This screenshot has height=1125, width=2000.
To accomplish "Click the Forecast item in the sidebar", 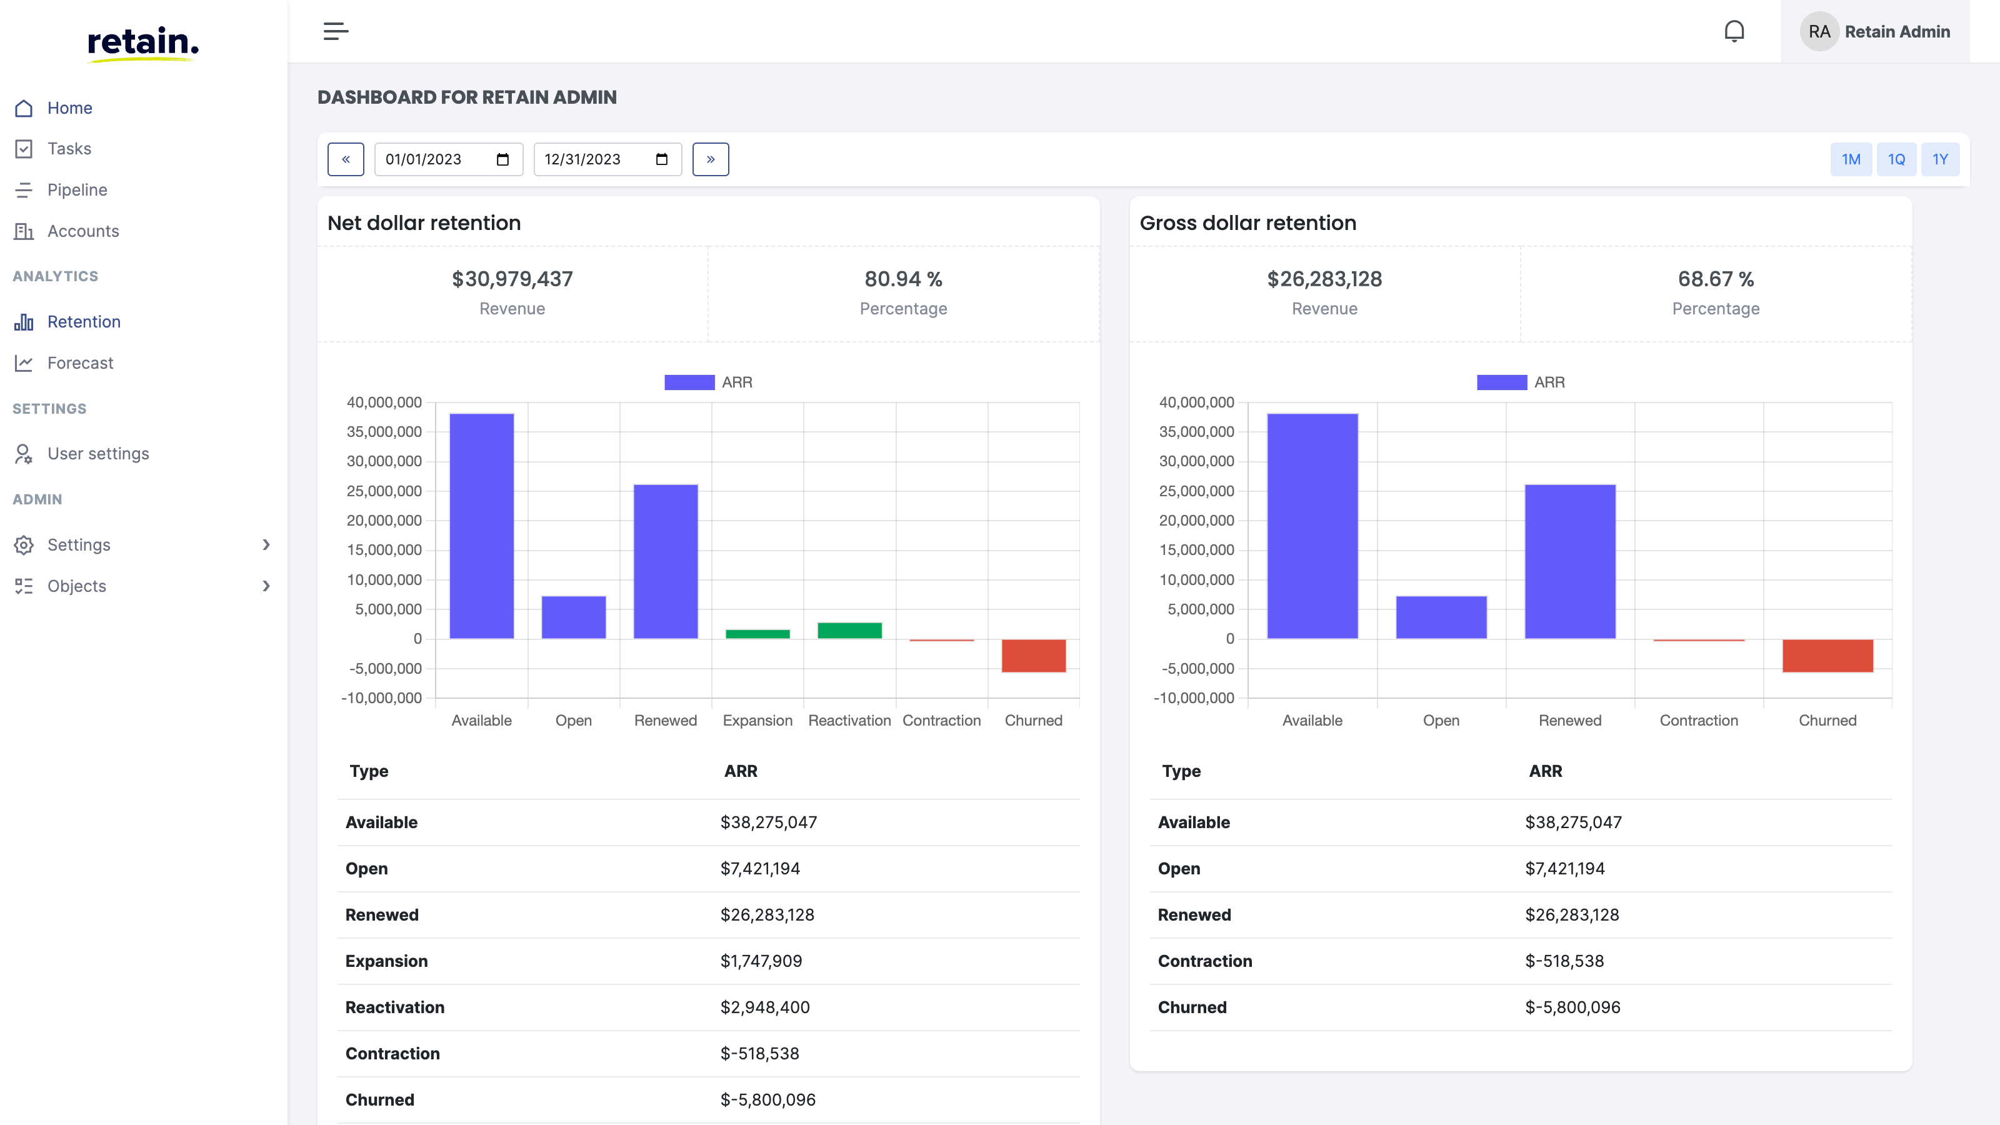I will click(x=80, y=362).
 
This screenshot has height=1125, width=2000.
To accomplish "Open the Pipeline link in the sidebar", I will click(x=77, y=189).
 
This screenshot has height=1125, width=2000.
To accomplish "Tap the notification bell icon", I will click(x=1734, y=31).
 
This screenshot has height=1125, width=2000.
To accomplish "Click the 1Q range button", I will click(x=1896, y=159).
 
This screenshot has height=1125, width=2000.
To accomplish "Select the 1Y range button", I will click(x=1939, y=159).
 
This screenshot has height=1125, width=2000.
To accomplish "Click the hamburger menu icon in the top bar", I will click(x=336, y=31).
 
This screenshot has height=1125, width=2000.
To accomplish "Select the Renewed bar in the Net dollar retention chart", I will click(x=666, y=561).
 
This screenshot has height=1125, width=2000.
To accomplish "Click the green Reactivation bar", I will click(x=849, y=631).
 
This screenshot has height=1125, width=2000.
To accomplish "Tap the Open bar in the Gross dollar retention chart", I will click(x=1441, y=617).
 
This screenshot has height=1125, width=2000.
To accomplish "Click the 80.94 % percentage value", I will click(x=903, y=279).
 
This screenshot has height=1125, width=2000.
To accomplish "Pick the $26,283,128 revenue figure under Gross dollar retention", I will click(x=1324, y=279).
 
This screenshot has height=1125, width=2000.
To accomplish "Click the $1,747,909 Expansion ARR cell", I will click(x=761, y=961).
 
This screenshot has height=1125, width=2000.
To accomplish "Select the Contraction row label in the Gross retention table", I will click(x=1204, y=961).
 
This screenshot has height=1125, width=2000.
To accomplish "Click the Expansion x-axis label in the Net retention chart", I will click(x=757, y=721).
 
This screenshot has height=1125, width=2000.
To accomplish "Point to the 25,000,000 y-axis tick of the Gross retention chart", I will click(x=1196, y=491).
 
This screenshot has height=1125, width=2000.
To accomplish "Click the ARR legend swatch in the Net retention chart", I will click(x=689, y=382).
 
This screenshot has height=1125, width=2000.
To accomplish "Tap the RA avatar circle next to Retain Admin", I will click(x=1818, y=31).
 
